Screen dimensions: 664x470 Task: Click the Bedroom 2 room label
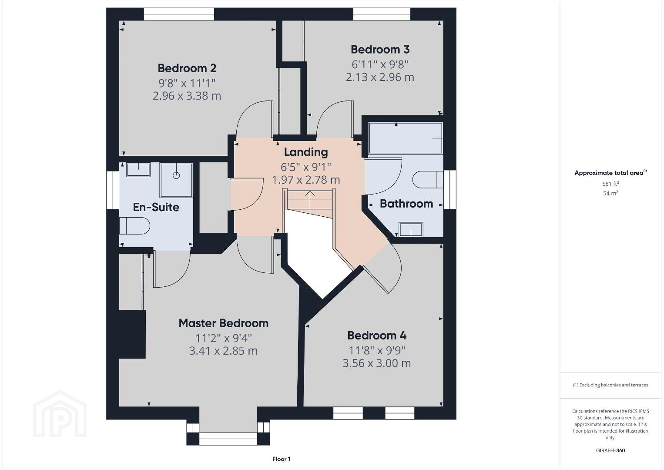187,68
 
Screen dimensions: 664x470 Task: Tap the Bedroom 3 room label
380,50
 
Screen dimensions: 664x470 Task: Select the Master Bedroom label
224,323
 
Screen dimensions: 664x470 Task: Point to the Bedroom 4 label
377,336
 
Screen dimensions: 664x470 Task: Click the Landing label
306,152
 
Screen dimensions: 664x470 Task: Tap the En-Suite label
156,207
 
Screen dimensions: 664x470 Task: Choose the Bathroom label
406,204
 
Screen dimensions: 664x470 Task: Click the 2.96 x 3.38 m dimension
187,96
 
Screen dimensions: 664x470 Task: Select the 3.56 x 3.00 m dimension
377,363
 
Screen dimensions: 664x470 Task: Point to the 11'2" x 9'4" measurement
224,338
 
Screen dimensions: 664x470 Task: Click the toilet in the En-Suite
134,226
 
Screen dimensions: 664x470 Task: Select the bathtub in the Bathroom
405,138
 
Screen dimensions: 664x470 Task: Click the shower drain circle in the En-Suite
176,175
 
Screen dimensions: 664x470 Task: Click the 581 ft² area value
610,184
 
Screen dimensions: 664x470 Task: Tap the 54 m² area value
610,193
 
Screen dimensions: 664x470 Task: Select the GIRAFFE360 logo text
610,451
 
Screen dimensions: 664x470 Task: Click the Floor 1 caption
282,459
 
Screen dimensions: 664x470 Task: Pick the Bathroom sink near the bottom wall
411,229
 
